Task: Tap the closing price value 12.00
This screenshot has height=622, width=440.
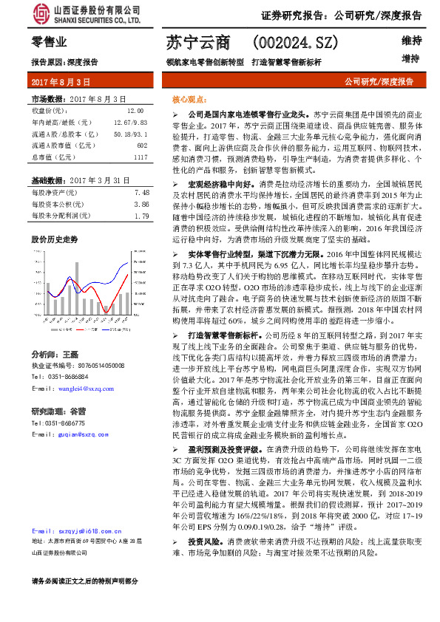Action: click(125, 109)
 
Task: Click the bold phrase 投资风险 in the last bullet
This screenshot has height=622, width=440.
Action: click(203, 542)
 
